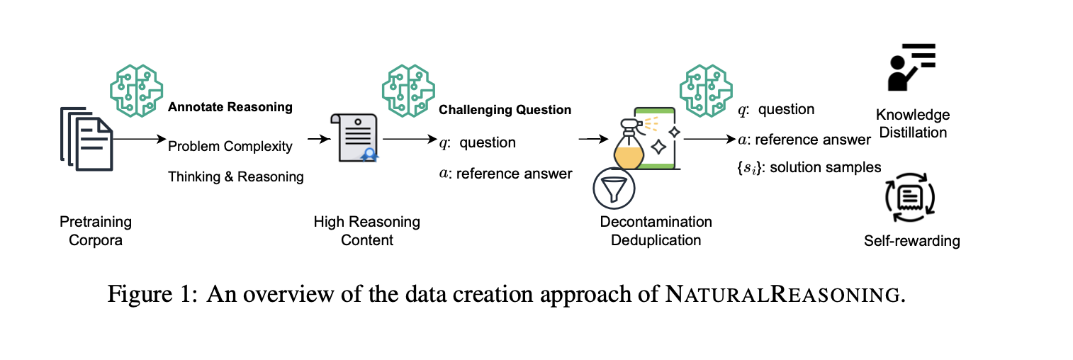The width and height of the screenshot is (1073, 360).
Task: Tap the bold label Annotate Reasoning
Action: [x=230, y=108]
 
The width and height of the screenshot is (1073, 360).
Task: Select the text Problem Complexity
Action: [x=230, y=147]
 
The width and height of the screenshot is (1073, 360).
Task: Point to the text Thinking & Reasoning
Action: [x=235, y=177]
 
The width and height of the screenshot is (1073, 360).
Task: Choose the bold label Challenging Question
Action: [x=505, y=110]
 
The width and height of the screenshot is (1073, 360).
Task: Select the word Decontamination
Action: [x=656, y=222]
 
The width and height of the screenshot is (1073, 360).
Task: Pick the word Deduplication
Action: [x=656, y=240]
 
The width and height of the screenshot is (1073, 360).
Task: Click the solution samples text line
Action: [x=809, y=167]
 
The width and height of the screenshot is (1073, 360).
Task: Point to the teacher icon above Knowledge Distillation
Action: [x=911, y=67]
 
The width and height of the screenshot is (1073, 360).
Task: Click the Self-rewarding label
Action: [x=911, y=241]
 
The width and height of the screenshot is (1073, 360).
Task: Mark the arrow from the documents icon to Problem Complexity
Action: [x=138, y=140]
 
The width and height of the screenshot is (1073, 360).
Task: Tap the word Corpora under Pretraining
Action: [x=96, y=240]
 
